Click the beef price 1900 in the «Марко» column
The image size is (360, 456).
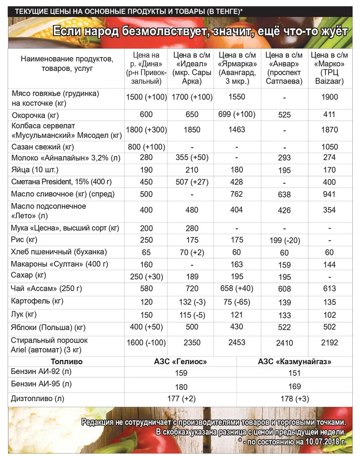click(x=330, y=97)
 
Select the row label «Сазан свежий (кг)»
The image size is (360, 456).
click(x=42, y=146)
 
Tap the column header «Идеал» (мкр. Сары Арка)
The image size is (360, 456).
click(x=193, y=68)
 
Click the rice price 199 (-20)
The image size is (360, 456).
click(x=284, y=240)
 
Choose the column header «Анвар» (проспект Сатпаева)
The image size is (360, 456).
click(x=284, y=68)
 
